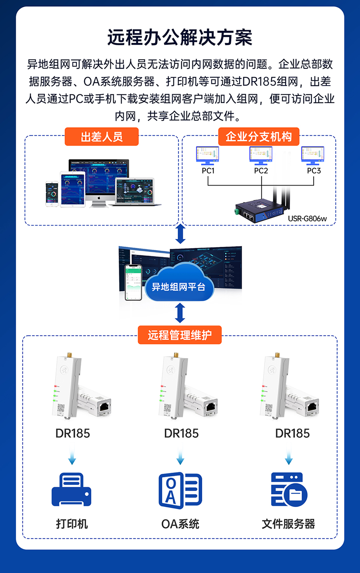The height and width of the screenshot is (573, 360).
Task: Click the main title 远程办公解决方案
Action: (x=180, y=38)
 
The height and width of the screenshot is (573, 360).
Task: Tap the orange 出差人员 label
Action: (x=102, y=137)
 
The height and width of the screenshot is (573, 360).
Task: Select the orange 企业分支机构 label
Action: (x=258, y=137)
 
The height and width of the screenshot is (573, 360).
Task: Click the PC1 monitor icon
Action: (x=208, y=155)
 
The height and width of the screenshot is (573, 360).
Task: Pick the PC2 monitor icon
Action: (x=261, y=155)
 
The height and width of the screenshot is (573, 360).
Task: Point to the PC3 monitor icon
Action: (x=313, y=155)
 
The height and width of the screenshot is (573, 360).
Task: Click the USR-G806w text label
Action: (x=307, y=219)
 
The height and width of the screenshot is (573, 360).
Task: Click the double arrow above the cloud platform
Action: (x=180, y=234)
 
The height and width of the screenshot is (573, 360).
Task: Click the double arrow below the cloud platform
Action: (x=180, y=313)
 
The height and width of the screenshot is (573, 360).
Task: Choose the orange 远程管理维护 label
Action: (x=180, y=335)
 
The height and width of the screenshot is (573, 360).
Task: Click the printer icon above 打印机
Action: (x=72, y=489)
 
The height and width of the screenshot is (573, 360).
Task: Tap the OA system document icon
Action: (x=180, y=490)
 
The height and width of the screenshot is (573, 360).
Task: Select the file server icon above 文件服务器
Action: (x=289, y=489)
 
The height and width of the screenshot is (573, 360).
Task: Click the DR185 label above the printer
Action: (x=72, y=433)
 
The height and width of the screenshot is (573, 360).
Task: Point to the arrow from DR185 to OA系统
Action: (x=180, y=456)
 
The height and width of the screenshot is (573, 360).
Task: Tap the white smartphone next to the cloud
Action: (x=133, y=282)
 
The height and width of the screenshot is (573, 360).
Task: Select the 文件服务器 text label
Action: (x=288, y=524)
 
